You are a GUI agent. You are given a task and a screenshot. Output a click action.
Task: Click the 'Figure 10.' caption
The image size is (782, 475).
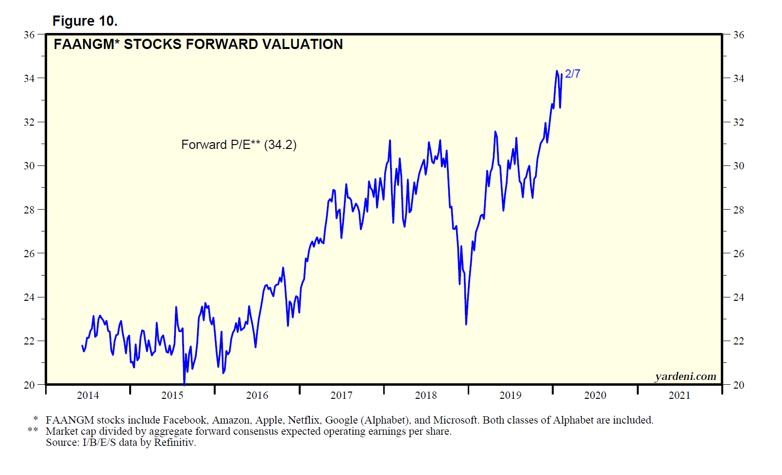point(85,21)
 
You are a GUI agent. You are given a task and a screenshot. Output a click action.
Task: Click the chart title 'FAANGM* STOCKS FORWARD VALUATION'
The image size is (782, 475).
point(198,44)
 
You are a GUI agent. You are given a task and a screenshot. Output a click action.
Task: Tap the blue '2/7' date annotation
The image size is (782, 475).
point(573,74)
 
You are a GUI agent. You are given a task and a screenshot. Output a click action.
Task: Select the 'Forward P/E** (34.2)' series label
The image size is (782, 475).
point(238,145)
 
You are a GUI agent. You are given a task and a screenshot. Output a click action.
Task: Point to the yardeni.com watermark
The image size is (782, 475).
point(685,377)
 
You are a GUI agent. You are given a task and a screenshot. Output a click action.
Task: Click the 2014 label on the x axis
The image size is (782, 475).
point(88,395)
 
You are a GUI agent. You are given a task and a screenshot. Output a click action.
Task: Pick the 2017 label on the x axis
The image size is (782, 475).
point(341,395)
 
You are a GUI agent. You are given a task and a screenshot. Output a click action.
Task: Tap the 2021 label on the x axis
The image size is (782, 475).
point(680,395)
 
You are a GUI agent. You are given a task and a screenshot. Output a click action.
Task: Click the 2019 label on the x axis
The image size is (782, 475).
point(510,395)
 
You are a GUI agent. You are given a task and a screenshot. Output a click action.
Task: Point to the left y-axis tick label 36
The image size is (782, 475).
point(29,35)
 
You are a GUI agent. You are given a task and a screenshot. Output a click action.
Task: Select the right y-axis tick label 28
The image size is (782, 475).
point(739,210)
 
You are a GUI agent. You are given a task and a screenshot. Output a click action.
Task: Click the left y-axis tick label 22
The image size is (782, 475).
point(29,341)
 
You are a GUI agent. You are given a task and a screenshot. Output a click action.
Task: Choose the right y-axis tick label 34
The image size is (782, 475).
point(739,78)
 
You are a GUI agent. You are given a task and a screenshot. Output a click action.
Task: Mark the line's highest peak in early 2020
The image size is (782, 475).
point(557,71)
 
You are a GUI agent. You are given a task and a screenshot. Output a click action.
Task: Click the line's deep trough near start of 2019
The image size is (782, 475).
point(466,324)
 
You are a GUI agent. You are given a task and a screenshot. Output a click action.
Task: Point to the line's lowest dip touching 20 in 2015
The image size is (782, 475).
point(184,384)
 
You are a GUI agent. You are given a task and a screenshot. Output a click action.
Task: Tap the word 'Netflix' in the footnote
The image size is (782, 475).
point(304,420)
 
